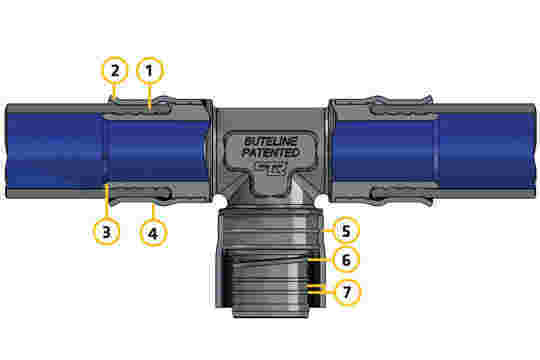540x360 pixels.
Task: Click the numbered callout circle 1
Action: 149,71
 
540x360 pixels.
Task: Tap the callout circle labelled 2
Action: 115,70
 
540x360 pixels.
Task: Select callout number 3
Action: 106,231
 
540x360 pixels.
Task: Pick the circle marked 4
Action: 153,233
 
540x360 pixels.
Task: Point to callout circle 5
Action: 346,230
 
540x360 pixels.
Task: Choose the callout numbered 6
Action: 346,259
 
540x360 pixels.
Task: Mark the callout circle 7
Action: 347,292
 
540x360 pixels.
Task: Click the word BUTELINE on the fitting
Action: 270,141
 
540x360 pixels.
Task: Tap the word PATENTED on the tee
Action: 270,153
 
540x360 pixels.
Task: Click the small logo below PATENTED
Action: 271,168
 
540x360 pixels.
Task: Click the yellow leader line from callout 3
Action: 107,201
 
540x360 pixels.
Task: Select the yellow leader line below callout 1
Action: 149,97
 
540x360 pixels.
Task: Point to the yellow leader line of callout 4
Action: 154,211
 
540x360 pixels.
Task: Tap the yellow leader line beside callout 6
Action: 320,259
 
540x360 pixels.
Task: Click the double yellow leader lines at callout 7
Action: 321,289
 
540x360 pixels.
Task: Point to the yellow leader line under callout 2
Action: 115,92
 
